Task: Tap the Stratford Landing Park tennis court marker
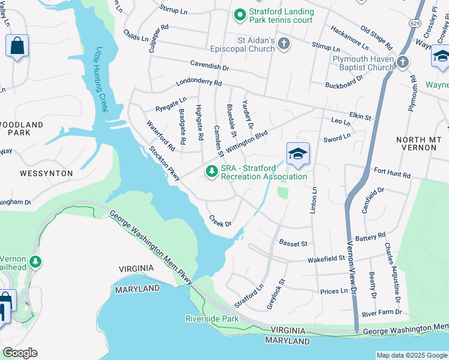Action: pos(240,13)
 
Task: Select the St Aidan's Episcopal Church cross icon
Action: pos(284,43)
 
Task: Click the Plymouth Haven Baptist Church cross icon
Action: pos(402,62)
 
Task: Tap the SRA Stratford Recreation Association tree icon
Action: pos(211,172)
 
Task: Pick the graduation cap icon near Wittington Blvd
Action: pos(298,154)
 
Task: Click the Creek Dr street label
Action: pos(220,221)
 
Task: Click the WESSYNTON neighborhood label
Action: pos(46,173)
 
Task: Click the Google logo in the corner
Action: pos(20,353)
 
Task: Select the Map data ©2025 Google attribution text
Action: pos(412,355)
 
